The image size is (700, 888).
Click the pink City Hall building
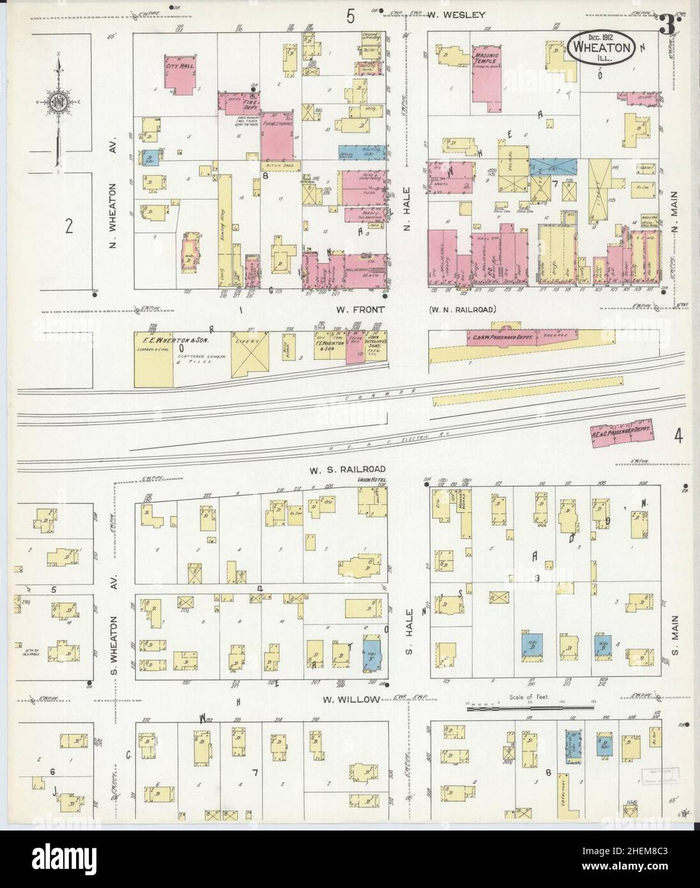click(179, 75)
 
